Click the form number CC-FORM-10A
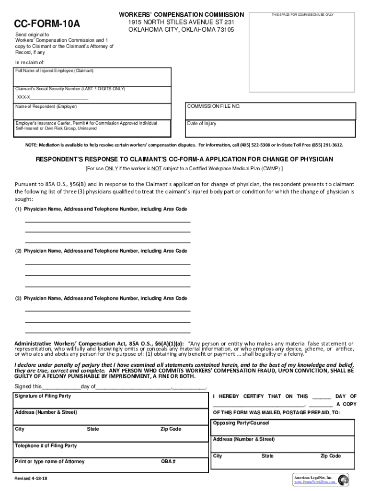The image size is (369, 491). [x=46, y=23]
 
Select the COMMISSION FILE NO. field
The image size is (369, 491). [x=270, y=112]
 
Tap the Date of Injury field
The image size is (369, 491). [x=270, y=129]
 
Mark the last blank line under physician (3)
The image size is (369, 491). [x=107, y=332]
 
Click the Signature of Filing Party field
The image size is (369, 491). [x=110, y=401]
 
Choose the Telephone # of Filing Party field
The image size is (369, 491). [x=110, y=452]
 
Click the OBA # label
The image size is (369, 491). [x=168, y=461]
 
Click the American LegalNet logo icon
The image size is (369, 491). [x=343, y=479]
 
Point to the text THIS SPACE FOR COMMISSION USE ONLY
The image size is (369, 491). [x=302, y=15]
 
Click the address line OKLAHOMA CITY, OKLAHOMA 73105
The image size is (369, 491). [x=181, y=30]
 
